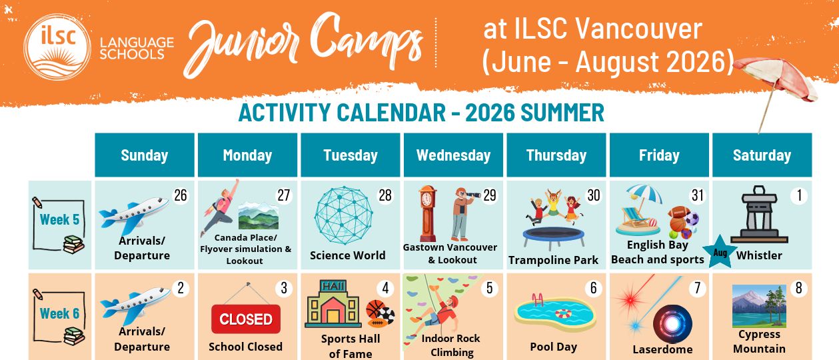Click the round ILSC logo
tap(57, 47)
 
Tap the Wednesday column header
tap(453, 155)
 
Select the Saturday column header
tap(762, 155)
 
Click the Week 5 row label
tap(59, 219)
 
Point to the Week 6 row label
tap(59, 313)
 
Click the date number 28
tap(385, 195)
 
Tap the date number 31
tap(698, 195)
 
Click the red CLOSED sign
tap(246, 319)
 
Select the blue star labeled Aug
tap(720, 252)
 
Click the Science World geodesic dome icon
tap(343, 215)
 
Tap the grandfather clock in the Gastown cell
tap(427, 213)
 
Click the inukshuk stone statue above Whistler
tap(759, 214)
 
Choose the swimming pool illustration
tap(554, 312)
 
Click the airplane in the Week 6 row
tap(135, 305)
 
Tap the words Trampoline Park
tap(553, 260)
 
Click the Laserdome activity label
tap(662, 349)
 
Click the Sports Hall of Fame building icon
tap(333, 304)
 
